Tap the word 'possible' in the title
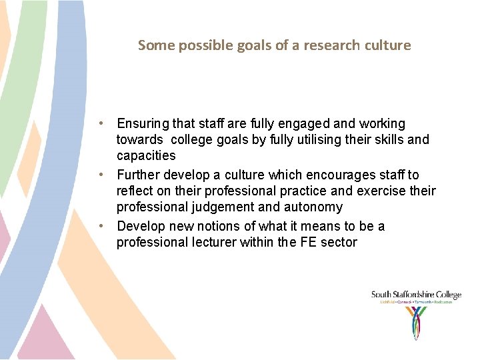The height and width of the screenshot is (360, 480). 199,45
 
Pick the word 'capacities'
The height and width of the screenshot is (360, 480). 146,156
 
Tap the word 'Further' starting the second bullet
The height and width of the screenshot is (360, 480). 138,175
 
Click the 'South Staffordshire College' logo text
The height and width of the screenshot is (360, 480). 416,295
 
